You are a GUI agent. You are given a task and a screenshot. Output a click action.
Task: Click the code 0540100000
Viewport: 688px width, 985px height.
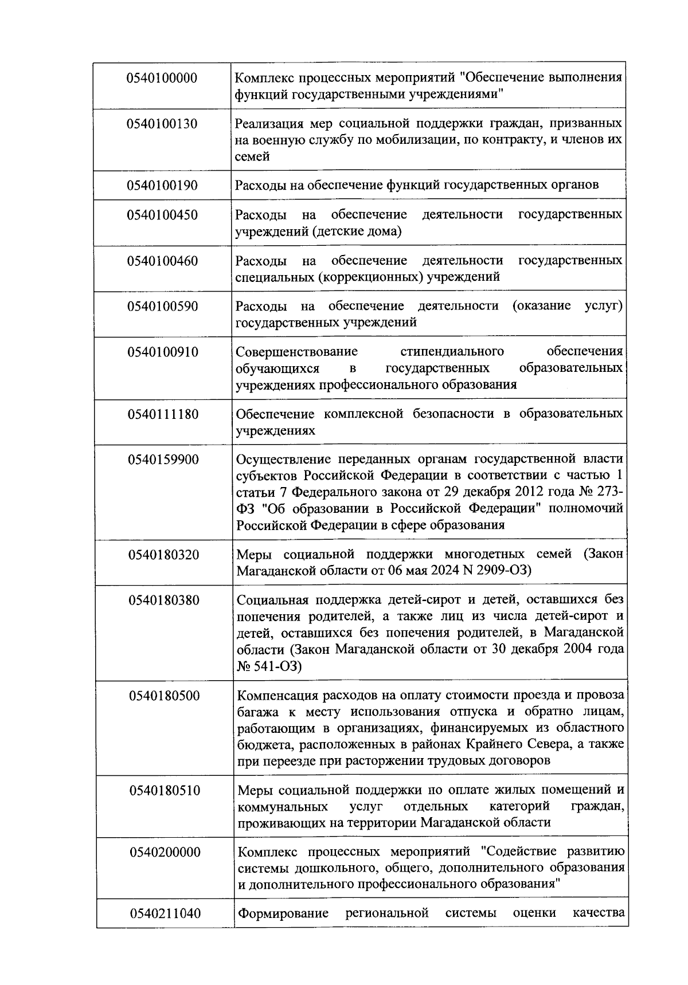[x=162, y=78]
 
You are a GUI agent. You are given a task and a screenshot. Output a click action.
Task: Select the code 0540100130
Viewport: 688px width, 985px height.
[x=162, y=124]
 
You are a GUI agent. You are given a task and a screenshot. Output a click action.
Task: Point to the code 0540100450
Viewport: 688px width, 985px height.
[x=162, y=215]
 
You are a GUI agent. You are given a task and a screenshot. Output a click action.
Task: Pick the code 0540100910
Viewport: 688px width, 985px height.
[x=163, y=352]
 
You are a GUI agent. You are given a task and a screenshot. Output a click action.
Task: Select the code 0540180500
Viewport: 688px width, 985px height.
[x=165, y=696]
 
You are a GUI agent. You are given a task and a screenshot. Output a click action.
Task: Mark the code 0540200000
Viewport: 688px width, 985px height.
[x=165, y=852]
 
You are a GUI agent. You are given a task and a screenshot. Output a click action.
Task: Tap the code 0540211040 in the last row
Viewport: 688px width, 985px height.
[x=165, y=913]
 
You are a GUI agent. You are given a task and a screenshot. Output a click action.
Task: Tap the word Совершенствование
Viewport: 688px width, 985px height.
[x=296, y=351]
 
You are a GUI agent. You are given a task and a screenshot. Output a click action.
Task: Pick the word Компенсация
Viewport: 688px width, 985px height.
[x=281, y=696]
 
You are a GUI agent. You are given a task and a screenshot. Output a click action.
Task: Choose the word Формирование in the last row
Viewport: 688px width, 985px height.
[x=283, y=913]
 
